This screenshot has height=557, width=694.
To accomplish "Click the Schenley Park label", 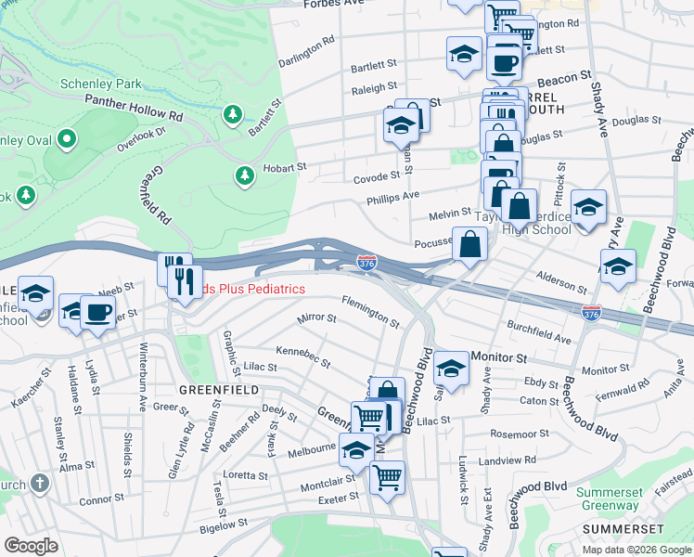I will coord(101,84).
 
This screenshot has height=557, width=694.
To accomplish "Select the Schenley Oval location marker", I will coord(66,140).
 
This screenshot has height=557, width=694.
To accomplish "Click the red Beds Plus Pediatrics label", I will coord(246,290).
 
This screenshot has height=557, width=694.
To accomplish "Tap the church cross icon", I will coord(39,482).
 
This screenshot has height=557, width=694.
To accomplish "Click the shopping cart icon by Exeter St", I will coord(387,477).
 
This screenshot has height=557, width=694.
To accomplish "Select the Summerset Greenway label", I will coord(609,499).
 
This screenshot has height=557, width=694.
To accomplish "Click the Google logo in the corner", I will coord(32,546).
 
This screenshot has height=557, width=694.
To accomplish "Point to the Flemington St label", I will coord(370,312).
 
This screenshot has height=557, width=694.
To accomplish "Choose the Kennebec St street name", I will coord(303,356).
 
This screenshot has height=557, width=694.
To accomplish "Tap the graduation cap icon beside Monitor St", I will coord(451,368).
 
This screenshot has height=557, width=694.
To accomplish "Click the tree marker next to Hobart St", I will coord(244,174).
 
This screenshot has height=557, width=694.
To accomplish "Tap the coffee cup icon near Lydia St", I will coord(96,311).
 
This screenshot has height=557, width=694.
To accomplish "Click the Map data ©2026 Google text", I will coord(636,550).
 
